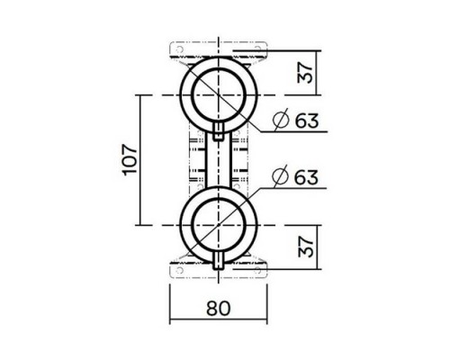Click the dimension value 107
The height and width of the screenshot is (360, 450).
[129, 159]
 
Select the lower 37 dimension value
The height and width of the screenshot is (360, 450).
[306, 243]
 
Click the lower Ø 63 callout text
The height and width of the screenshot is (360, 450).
[296, 176]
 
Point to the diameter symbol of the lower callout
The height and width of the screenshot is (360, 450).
[280, 176]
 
